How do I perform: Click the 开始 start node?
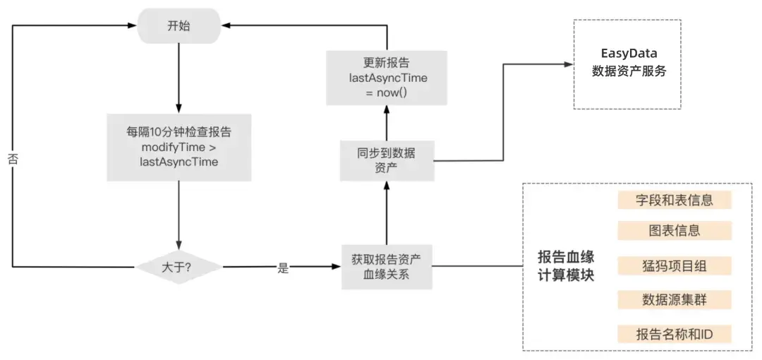coord(179,26)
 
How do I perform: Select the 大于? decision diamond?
coord(179,268)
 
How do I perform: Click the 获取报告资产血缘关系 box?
coord(387,267)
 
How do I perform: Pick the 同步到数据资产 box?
coord(387,160)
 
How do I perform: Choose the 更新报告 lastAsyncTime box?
coord(387,78)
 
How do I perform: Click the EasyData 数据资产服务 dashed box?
coord(627,64)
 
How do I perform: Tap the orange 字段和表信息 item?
coord(675,200)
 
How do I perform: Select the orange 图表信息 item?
coord(675,230)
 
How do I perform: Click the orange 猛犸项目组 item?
coord(675,265)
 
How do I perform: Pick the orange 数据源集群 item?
coord(675,299)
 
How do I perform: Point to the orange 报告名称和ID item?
coord(675,334)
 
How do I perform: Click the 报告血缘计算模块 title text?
coord(566,266)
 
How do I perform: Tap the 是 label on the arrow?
coord(284,268)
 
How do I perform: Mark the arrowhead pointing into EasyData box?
coord(567,64)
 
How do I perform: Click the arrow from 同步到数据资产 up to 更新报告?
coord(387,123)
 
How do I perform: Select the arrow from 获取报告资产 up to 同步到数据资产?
coord(387,212)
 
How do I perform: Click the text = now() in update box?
coord(387,92)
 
